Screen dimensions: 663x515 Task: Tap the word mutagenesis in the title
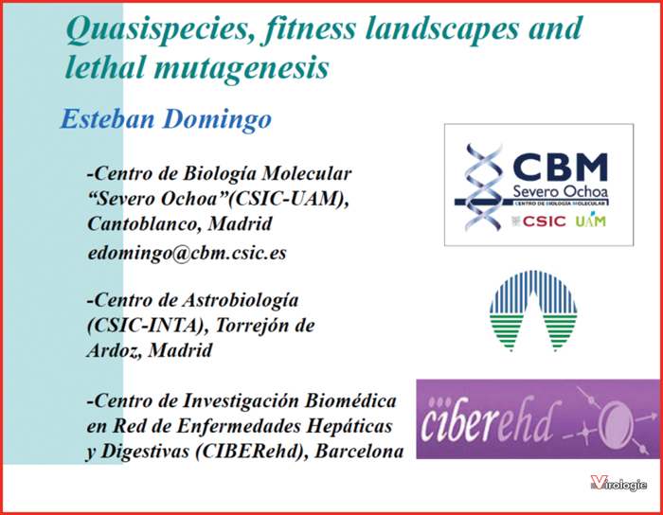point(242,68)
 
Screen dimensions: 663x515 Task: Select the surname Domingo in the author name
point(217,119)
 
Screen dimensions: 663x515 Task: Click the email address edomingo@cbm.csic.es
point(187,253)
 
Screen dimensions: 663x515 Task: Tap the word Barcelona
point(359,452)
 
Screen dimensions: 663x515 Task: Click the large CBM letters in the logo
point(561,168)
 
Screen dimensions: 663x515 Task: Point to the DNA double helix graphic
point(483,186)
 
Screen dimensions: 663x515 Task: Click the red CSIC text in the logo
point(544,221)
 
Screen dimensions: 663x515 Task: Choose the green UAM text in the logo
point(591,221)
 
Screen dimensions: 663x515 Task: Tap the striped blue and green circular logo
point(533,311)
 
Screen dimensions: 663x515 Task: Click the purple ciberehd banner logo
point(538,418)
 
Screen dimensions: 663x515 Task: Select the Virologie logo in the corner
point(618,484)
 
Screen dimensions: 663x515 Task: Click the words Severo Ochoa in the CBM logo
point(561,191)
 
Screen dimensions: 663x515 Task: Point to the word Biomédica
point(350,400)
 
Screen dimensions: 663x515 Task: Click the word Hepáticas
point(349,427)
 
